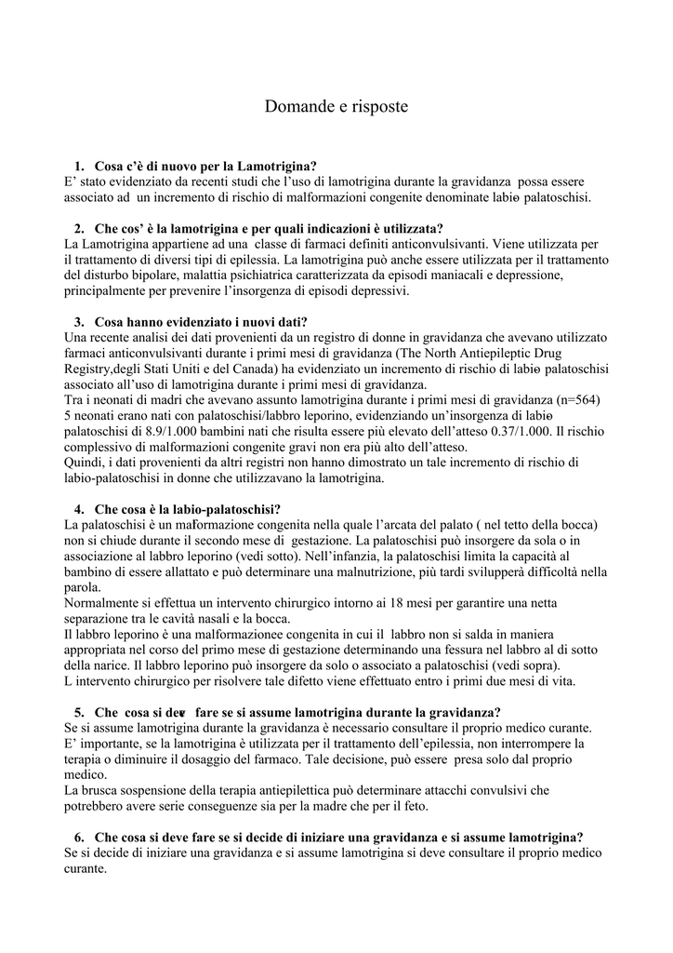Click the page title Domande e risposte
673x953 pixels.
(336, 107)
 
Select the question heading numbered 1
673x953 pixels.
(205, 166)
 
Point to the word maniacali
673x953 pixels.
(436, 275)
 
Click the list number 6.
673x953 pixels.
(79, 837)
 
